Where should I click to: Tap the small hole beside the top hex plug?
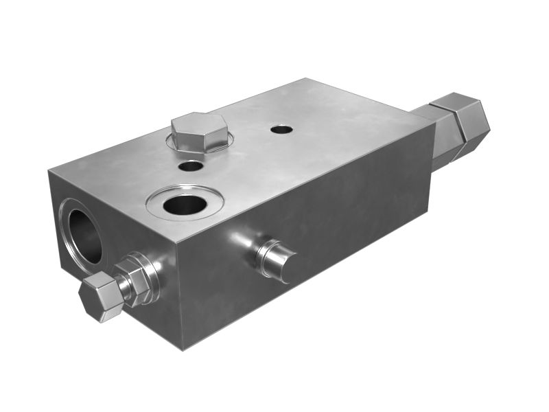(190, 165)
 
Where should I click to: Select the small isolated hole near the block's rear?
(281, 128)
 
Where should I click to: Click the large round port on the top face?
(185, 204)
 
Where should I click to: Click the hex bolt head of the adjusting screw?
(100, 297)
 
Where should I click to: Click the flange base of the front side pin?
(264, 253)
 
